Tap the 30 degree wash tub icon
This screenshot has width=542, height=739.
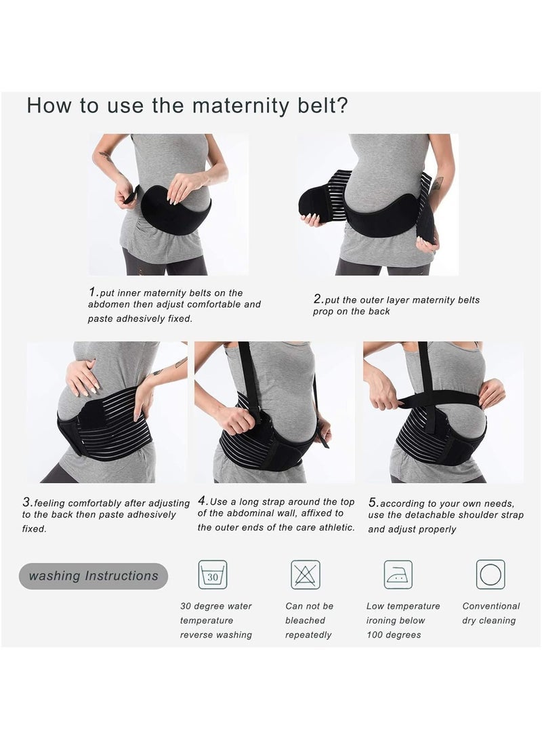213,574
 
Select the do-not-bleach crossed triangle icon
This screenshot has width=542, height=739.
306,574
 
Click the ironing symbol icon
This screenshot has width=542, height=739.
398,574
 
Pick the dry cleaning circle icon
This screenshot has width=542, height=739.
491,574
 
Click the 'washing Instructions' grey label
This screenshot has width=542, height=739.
93,576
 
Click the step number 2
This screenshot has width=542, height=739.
317,298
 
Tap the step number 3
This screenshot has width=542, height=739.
27,503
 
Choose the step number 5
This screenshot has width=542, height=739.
373,503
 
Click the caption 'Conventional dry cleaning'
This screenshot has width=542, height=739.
491,614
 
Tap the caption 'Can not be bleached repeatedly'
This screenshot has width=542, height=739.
310,620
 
